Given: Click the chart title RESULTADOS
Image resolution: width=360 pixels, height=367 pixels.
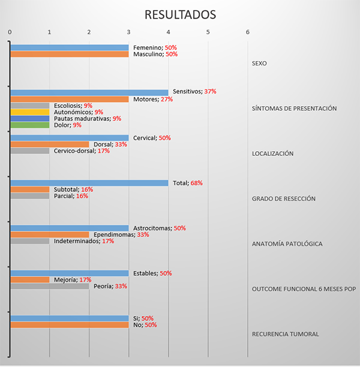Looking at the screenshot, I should [179, 14].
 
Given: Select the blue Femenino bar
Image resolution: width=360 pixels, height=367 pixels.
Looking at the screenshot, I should [69, 47].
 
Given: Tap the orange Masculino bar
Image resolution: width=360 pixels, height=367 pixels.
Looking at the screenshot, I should [69, 54].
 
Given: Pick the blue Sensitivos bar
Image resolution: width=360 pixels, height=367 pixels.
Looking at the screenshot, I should [89, 92].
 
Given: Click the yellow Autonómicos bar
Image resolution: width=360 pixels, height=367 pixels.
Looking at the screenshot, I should [29, 112].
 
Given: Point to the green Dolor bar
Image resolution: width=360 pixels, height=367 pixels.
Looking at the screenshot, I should [29, 125].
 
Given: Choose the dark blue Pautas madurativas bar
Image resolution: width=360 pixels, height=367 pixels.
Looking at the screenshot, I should [29, 118].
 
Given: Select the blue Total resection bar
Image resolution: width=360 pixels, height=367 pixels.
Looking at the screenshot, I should [89, 183].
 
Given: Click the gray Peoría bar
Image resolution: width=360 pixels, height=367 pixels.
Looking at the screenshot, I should [49, 286].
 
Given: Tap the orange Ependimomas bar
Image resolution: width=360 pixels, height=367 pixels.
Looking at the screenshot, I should [49, 234].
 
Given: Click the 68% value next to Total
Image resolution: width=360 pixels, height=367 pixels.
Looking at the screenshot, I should [196, 183].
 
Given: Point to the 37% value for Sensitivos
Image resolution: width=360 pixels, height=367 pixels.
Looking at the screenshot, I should [210, 92].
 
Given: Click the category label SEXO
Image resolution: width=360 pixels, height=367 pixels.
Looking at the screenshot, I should [259, 63].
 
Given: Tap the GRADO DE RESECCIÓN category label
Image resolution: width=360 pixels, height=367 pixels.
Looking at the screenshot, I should [283, 198].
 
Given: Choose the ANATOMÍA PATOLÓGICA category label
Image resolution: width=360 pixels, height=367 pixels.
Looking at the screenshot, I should [287, 244].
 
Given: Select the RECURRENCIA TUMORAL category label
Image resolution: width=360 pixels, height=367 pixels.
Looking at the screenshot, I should [285, 334].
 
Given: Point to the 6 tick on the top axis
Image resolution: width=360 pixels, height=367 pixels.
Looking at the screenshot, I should [247, 32].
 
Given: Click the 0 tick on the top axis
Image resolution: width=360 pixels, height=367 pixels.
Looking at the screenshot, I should [10, 32].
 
